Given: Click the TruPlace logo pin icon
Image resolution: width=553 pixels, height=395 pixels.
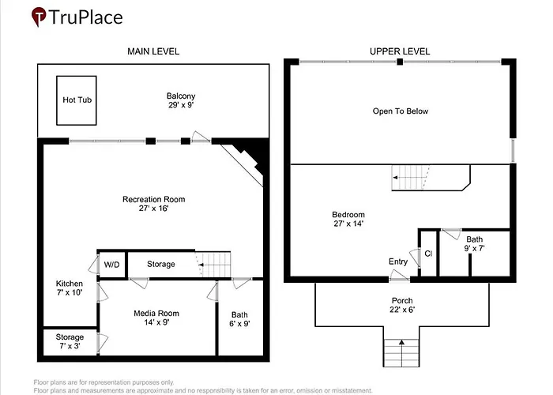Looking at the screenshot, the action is (39, 17).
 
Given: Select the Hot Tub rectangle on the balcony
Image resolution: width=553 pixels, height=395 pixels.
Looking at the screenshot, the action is (77, 100).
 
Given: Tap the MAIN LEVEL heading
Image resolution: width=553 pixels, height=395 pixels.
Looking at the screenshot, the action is (153, 51).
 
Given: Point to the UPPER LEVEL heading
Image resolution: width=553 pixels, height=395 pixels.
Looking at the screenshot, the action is (400, 51).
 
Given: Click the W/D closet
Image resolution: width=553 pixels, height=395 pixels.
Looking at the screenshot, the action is (112, 265).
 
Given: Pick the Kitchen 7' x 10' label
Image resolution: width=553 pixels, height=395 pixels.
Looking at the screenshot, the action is (70, 288).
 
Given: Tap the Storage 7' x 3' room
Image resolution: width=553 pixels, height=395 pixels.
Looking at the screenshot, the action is (70, 341).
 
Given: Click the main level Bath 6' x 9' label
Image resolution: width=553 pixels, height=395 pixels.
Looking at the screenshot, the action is (240, 319).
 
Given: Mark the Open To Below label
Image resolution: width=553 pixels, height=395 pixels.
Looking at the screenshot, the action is (401, 111).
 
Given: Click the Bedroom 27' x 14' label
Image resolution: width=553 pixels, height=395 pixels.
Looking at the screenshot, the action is (348, 219).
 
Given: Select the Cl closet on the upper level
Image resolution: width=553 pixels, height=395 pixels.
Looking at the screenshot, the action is (429, 254).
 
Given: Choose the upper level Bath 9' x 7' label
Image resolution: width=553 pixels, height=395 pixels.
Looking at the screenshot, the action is (474, 243).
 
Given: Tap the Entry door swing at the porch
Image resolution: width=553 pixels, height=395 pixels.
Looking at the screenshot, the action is (399, 276).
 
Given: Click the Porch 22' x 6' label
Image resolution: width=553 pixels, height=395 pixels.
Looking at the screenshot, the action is (402, 305).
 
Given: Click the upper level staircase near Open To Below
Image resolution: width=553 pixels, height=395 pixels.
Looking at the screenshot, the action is (411, 178).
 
